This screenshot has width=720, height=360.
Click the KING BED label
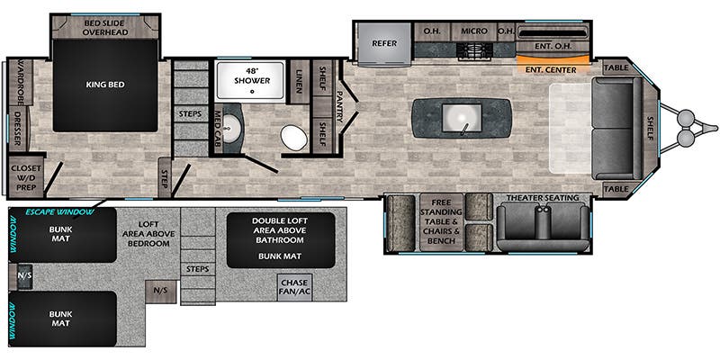pyautogui.click(x=104, y=85)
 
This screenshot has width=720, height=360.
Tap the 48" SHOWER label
pyautogui.click(x=251, y=76)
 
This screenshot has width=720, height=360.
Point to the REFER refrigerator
pyautogui.click(x=383, y=42)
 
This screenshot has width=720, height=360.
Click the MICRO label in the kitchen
pyautogui.click(x=474, y=31)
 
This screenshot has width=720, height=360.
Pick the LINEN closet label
pyautogui.click(x=300, y=79)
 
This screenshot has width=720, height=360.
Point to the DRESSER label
pyautogui.click(x=15, y=126)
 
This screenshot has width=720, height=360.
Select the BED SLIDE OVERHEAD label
pyautogui.click(x=107, y=26)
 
